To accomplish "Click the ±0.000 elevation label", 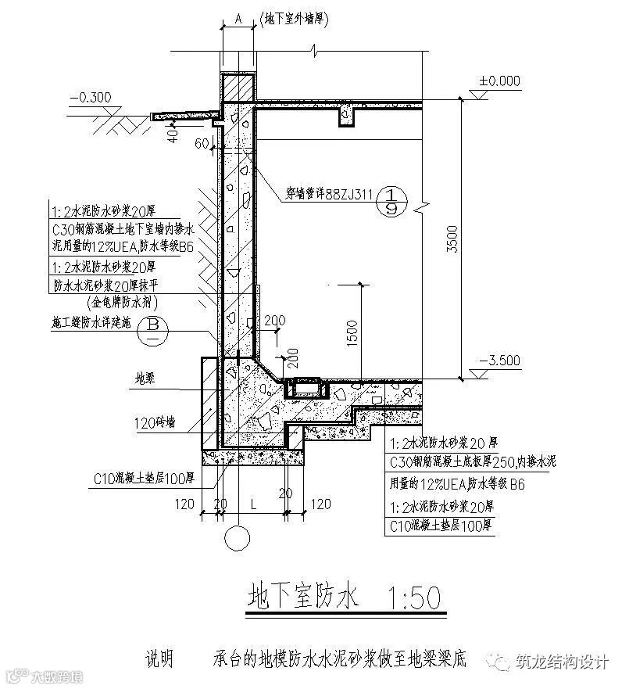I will [x=500, y=81].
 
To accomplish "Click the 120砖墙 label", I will [x=155, y=422].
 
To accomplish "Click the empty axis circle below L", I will [x=238, y=539].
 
